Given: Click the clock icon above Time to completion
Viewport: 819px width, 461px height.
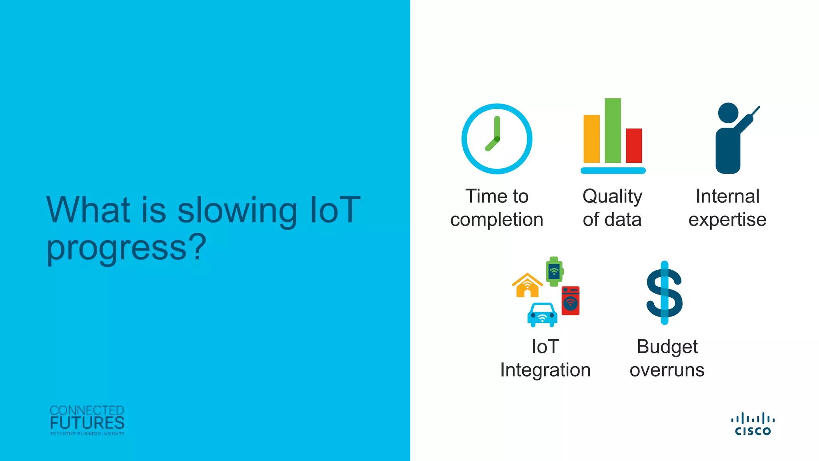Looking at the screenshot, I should coord(497,139).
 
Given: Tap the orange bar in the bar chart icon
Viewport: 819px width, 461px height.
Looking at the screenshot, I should coord(591,139).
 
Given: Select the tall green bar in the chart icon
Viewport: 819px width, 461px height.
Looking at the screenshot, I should coord(613,130).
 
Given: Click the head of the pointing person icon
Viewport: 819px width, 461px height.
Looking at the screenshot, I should coord(728,113).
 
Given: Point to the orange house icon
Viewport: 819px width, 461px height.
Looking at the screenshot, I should coord(527,286).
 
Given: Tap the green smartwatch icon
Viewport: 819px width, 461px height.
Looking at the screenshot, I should coord(554,271).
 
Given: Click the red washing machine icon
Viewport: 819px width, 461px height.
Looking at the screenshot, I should coord(571,301).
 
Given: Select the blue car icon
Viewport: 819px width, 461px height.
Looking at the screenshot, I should coord(542,315).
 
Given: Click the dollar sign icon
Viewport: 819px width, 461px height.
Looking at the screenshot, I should coord(665,293).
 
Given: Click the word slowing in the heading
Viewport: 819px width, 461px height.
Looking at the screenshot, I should coord(237,210).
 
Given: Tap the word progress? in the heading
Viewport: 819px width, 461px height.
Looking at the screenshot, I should coord(126,247).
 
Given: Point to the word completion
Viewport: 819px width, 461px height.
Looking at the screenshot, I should coord(497,220).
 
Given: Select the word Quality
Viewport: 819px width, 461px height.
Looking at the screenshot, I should coord(612,196).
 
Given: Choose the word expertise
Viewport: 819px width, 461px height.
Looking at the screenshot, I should coord(727,220).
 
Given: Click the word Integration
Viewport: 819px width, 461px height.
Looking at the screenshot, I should coord(545,370).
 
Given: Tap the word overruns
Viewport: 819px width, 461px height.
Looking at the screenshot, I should coord(667,370).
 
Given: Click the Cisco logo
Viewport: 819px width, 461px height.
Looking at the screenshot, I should coord(753,424).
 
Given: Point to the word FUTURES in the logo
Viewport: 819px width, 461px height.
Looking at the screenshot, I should coord(87,423).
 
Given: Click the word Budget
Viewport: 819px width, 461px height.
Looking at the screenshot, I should coord(667,347).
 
